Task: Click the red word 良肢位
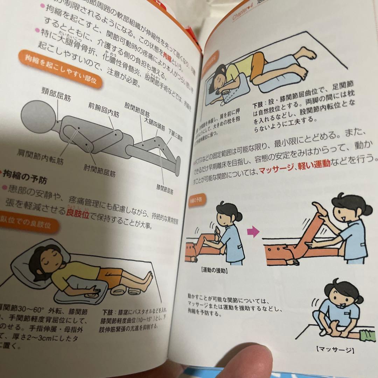point(77,214)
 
